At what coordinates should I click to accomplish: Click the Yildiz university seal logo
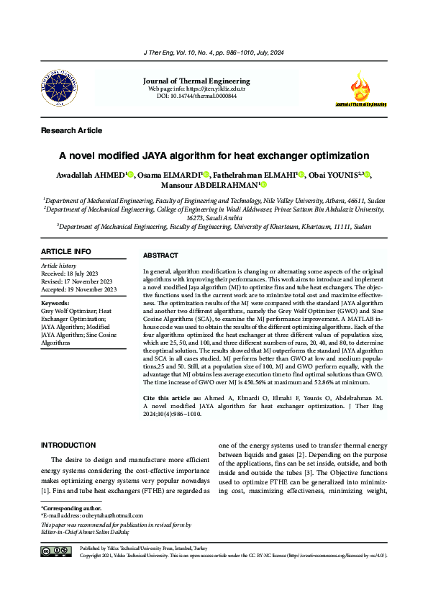61,90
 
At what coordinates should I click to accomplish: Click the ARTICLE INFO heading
66,251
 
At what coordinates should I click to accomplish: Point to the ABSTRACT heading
161,255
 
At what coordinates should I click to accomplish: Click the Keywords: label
55,304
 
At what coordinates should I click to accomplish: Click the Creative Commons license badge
56,551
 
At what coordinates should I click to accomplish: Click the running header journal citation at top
214,52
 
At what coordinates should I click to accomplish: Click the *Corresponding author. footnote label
65,508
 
